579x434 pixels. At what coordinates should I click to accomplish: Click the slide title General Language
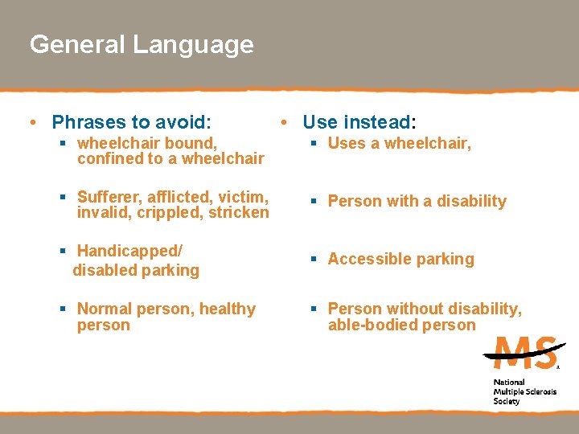142,44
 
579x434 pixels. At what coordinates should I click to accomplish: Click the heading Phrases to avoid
131,122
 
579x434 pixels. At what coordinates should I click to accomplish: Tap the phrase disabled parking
136,271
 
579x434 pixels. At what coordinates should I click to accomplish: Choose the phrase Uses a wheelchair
399,144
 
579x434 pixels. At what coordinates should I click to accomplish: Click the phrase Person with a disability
417,202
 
